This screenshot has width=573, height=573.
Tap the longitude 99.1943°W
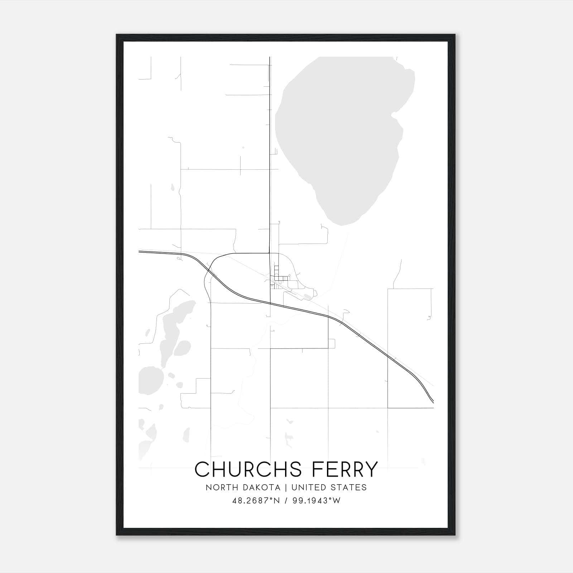pyautogui.click(x=317, y=501)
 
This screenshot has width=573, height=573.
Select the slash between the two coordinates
pyautogui.click(x=285, y=501)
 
